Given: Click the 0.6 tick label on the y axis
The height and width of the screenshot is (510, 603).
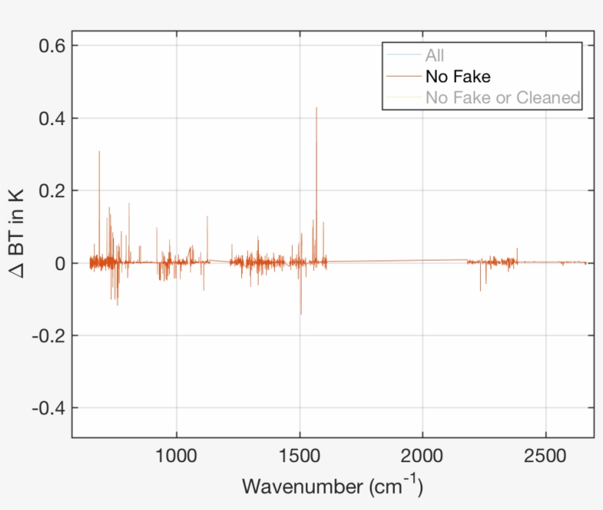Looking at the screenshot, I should [51, 46].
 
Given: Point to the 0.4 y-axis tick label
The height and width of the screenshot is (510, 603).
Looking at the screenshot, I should [51, 118].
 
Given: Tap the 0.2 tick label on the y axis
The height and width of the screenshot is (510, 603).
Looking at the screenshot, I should [51, 191].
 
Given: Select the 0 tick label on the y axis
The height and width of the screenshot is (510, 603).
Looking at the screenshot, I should [60, 263].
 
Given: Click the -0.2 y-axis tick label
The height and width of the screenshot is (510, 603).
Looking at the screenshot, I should [48, 336].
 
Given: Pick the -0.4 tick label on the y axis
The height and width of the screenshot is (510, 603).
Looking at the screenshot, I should [48, 408].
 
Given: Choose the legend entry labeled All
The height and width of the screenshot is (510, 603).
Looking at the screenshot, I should [435, 55].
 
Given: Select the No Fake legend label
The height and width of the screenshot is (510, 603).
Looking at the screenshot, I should [457, 76].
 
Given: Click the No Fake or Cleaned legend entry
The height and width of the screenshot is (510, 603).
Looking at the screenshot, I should [503, 97].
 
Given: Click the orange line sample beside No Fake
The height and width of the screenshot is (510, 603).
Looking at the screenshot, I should [404, 76].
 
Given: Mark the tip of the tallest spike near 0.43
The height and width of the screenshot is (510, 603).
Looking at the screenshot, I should [317, 107].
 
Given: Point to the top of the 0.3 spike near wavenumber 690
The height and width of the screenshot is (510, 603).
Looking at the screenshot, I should [99, 152].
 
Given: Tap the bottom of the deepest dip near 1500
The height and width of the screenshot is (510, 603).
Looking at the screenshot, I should [301, 314].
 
